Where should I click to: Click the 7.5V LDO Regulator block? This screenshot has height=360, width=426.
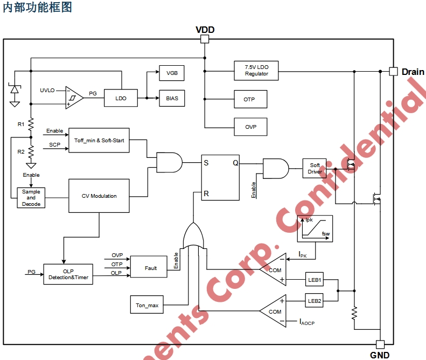tap(256, 71)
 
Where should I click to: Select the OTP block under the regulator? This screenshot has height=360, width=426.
tap(249, 100)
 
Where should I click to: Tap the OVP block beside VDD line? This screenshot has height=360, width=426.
tap(250, 127)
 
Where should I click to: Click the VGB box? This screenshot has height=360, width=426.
tap(172, 73)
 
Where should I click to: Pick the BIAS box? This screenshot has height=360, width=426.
tap(172, 99)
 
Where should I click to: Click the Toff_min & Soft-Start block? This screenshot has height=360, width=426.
tap(99, 140)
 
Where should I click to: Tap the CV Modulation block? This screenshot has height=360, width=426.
tap(99, 196)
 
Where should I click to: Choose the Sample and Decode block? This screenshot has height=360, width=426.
tap(31, 198)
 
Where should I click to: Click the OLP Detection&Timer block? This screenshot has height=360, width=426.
tap(68, 275)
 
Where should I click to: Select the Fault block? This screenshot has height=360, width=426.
tap(151, 268)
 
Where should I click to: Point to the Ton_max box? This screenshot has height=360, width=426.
tap(147, 305)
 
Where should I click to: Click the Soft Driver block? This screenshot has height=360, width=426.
tap(315, 169)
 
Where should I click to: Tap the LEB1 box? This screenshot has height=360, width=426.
tap(315, 280)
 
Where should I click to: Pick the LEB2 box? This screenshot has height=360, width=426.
tap(315, 301)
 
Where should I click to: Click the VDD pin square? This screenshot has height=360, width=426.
tap(205, 39)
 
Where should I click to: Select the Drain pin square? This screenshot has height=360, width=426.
tap(394, 71)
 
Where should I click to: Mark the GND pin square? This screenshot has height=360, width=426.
tap(380, 345)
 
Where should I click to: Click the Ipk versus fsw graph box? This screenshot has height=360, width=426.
tap(315, 228)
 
